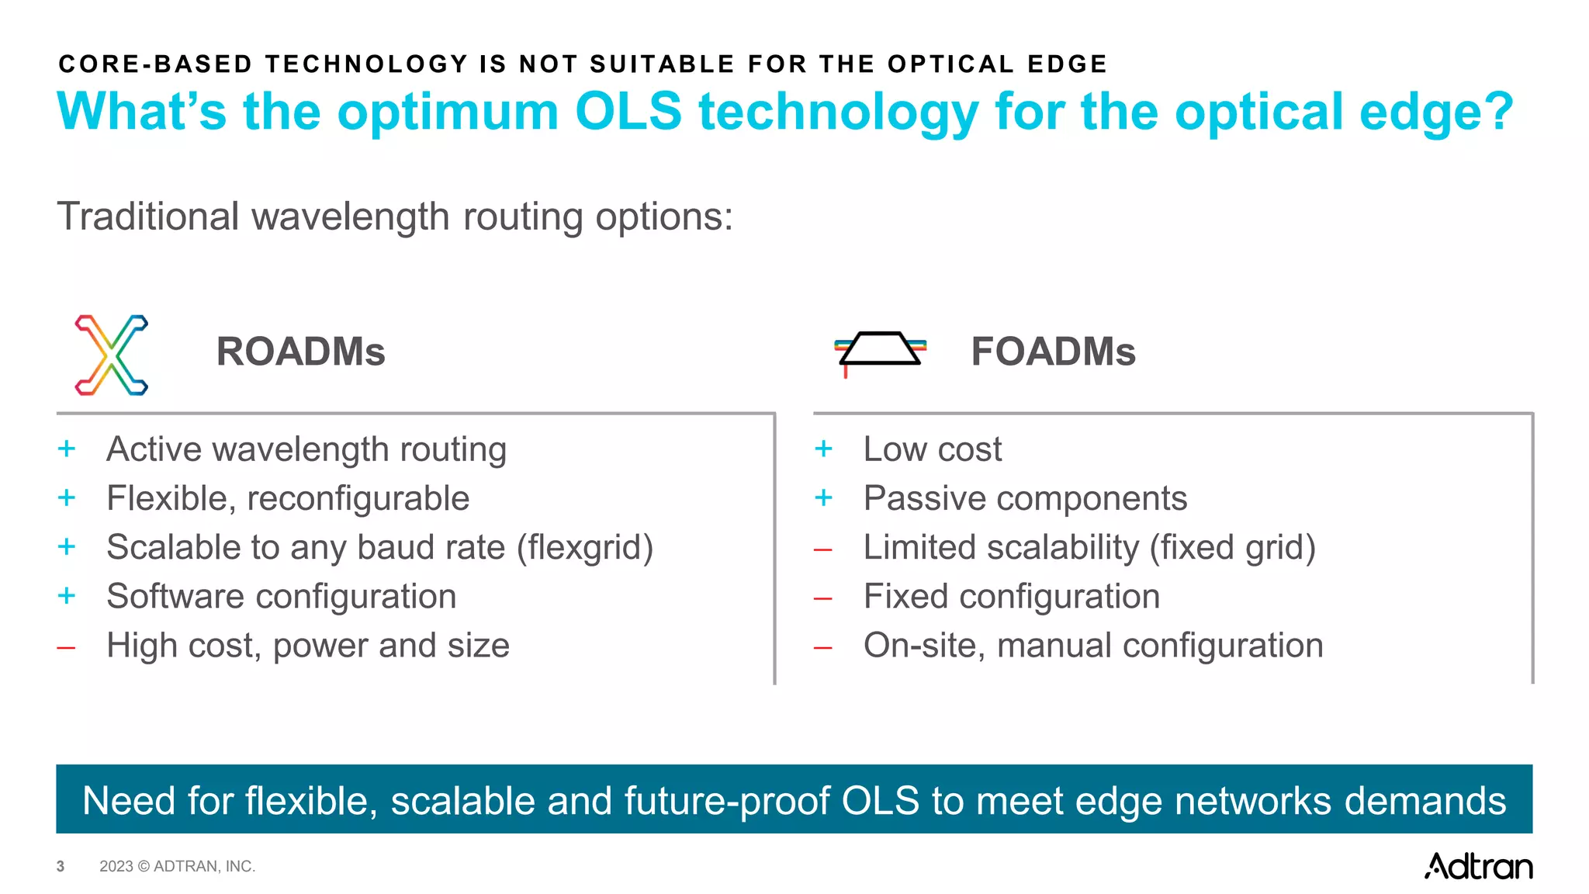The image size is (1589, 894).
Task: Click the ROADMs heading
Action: pyautogui.click(x=300, y=352)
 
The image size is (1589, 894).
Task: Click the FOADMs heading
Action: pyautogui.click(x=1053, y=352)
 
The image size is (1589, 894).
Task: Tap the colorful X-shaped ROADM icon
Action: pyautogui.click(x=111, y=355)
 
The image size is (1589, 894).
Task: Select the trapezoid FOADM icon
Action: pyautogui.click(x=880, y=349)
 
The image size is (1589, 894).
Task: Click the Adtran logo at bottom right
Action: pyautogui.click(x=1478, y=866)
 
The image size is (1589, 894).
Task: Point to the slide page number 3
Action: pyautogui.click(x=61, y=866)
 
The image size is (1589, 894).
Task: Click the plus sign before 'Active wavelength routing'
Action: pyautogui.click(x=67, y=449)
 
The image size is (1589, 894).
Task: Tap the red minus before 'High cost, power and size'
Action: pyautogui.click(x=67, y=646)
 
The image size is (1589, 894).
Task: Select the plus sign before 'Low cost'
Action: pyautogui.click(x=823, y=449)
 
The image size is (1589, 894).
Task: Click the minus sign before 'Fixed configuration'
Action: pyautogui.click(x=823, y=598)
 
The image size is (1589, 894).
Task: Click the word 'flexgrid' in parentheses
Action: pyautogui.click(x=586, y=547)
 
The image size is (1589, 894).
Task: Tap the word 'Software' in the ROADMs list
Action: pyautogui.click(x=176, y=596)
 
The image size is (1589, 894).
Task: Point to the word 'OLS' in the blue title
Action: pyautogui.click(x=628, y=112)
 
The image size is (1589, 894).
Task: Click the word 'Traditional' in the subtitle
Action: pyautogui.click(x=148, y=217)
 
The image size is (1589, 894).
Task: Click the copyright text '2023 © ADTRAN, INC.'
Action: pyautogui.click(x=177, y=866)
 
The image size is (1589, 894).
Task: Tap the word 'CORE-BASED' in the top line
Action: pyautogui.click(x=155, y=64)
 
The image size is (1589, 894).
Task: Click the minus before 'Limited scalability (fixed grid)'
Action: pyautogui.click(x=823, y=549)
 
